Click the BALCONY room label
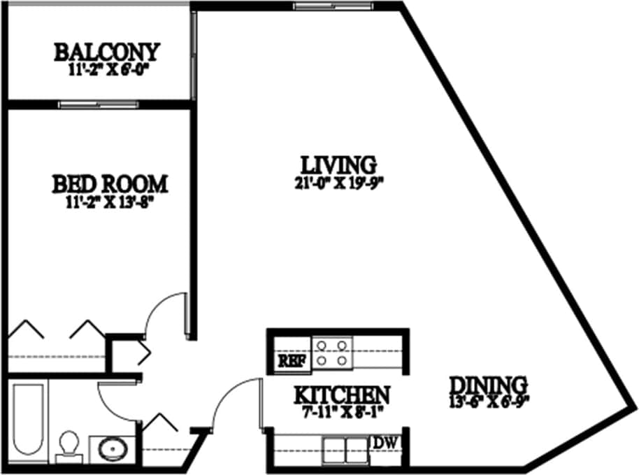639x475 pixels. click(107, 52)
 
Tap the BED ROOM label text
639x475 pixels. click(110, 184)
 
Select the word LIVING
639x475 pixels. click(338, 165)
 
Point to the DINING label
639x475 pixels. click(487, 385)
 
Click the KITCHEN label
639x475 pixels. click(341, 395)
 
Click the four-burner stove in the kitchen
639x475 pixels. click(331, 353)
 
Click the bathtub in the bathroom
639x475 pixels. click(28, 420)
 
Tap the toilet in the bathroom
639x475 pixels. click(69, 446)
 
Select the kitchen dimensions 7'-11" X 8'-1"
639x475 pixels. click(340, 411)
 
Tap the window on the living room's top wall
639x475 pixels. click(335, 6)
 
